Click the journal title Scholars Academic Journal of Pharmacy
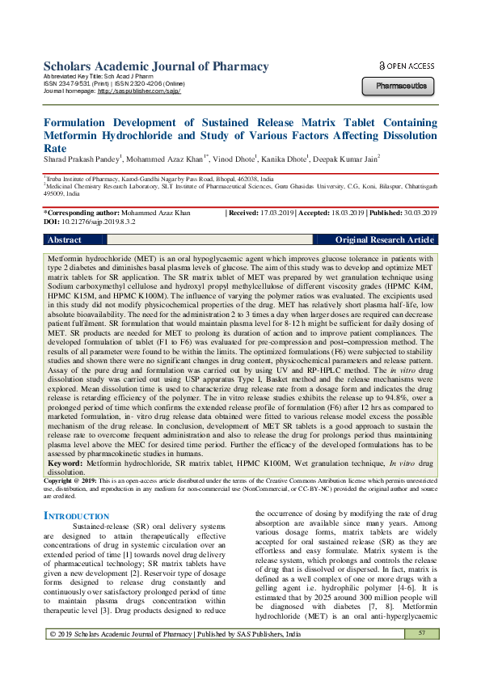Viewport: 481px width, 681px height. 155,66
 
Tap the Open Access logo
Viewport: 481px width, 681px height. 406,66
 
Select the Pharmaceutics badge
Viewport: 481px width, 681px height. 400,85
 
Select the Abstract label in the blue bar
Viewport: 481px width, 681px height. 65,240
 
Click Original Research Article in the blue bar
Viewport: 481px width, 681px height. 384,240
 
